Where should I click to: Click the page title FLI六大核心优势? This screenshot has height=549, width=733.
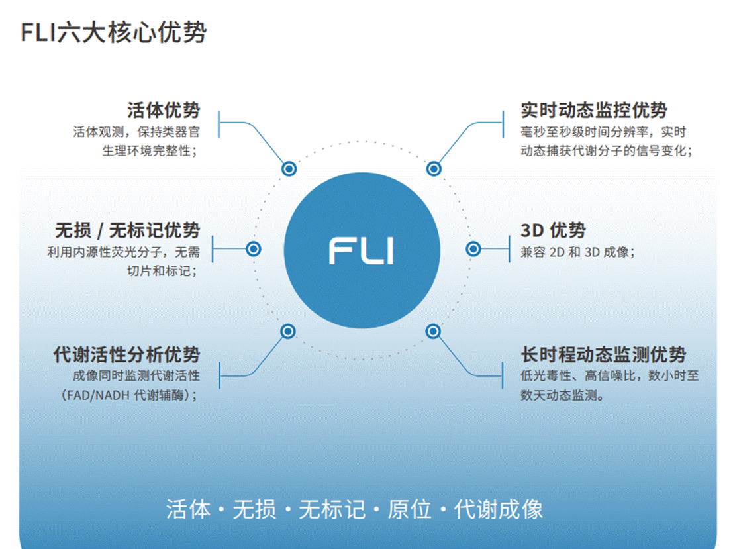point(113,32)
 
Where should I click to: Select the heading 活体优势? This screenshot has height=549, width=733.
point(163,110)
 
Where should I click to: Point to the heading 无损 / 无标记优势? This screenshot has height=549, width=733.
point(127,230)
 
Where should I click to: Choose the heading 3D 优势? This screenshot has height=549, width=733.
point(553,230)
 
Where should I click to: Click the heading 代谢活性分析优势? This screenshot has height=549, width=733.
point(126,354)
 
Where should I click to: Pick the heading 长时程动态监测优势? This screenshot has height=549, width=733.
point(603,354)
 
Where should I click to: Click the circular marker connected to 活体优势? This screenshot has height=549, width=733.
point(289,169)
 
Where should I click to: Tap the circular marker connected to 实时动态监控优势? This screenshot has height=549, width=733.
point(434,169)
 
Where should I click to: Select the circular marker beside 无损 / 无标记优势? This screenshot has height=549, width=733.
point(254,249)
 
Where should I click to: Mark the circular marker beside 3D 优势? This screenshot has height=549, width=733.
point(473,249)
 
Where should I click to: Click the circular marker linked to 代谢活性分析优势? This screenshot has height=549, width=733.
point(287,331)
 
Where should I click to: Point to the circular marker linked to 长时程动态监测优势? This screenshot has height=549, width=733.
point(433,331)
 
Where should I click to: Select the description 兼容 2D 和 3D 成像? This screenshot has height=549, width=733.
point(577,252)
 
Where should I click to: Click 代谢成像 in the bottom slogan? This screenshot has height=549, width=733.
point(499,509)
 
